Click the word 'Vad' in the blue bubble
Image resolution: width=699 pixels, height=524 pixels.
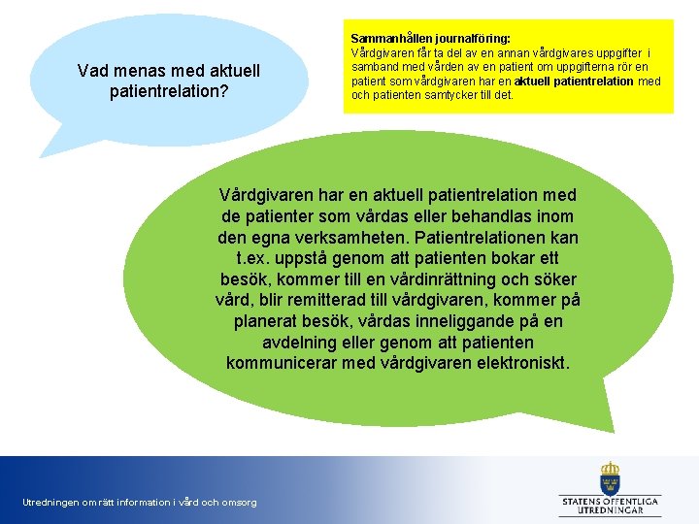point(93,71)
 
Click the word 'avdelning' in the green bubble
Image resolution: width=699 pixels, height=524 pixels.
point(301,343)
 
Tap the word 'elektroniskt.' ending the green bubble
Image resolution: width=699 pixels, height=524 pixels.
point(523,364)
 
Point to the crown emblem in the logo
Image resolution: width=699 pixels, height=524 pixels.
point(610,477)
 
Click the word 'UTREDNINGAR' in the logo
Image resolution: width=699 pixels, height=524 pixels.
point(611,510)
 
